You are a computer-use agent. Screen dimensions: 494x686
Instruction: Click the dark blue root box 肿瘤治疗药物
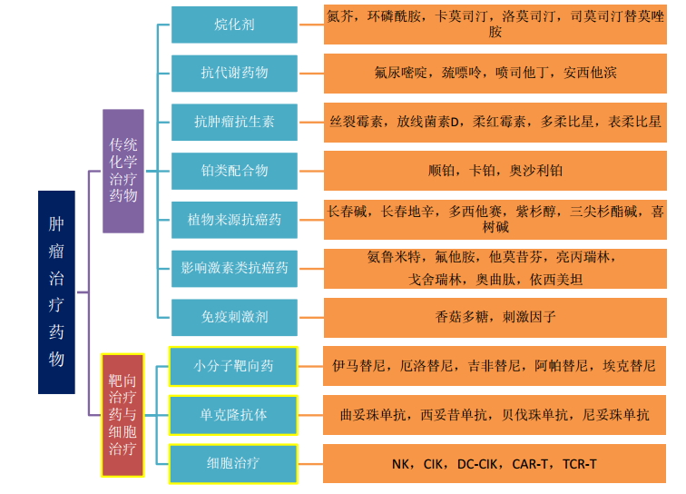pos(56,291)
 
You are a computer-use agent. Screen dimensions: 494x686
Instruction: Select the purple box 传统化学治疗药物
pos(122,171)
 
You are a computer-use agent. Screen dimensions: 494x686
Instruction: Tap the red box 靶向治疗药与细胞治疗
pos(122,416)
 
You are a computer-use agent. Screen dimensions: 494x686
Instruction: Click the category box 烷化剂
pos(234,25)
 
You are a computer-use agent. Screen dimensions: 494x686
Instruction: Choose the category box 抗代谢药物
pos(234,73)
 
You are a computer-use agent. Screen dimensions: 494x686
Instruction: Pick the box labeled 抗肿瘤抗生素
pos(234,121)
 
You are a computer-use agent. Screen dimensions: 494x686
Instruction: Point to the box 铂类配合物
pos(234,170)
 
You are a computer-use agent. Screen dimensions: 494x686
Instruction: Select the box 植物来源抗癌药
pos(234,219)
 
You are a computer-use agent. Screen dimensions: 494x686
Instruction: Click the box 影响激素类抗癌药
pos(234,268)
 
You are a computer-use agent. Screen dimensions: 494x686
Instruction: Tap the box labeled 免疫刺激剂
pos(234,317)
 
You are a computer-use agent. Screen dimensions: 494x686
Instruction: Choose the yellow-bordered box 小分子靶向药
pos(234,366)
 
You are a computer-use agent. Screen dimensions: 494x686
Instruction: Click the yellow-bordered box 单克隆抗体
pos(234,415)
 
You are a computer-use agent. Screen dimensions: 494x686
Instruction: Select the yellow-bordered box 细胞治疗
pos(234,463)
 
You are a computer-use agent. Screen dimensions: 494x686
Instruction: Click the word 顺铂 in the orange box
pos(443,171)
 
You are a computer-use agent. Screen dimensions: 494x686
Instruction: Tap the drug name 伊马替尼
pos(361,367)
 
